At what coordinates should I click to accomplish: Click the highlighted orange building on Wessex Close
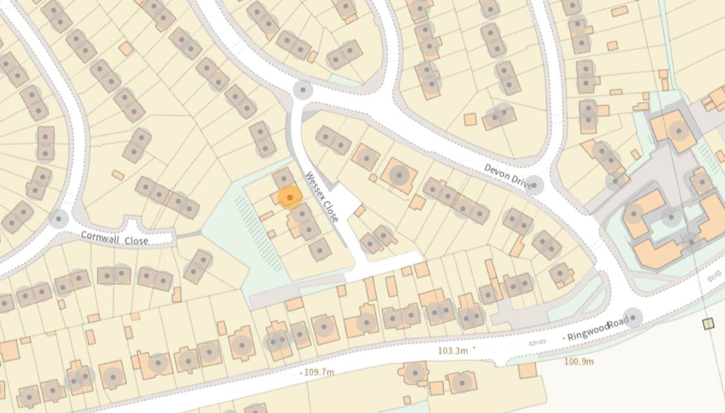click(289, 197)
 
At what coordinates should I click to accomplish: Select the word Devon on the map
click(497, 173)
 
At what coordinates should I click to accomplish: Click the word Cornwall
click(100, 237)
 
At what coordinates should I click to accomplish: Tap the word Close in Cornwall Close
click(136, 240)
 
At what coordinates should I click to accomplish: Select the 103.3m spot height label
click(453, 351)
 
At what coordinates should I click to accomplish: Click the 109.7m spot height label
click(319, 372)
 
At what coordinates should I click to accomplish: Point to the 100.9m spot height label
click(579, 361)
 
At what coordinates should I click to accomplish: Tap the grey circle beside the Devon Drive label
click(534, 186)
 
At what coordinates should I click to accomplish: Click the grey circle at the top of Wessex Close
click(303, 90)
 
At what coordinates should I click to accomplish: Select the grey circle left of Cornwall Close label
click(59, 219)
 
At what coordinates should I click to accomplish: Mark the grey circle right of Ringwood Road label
click(633, 317)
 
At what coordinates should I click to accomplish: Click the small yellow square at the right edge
click(708, 323)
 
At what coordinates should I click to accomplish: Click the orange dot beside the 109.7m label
click(301, 373)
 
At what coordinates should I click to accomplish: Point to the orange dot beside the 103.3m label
click(475, 347)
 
